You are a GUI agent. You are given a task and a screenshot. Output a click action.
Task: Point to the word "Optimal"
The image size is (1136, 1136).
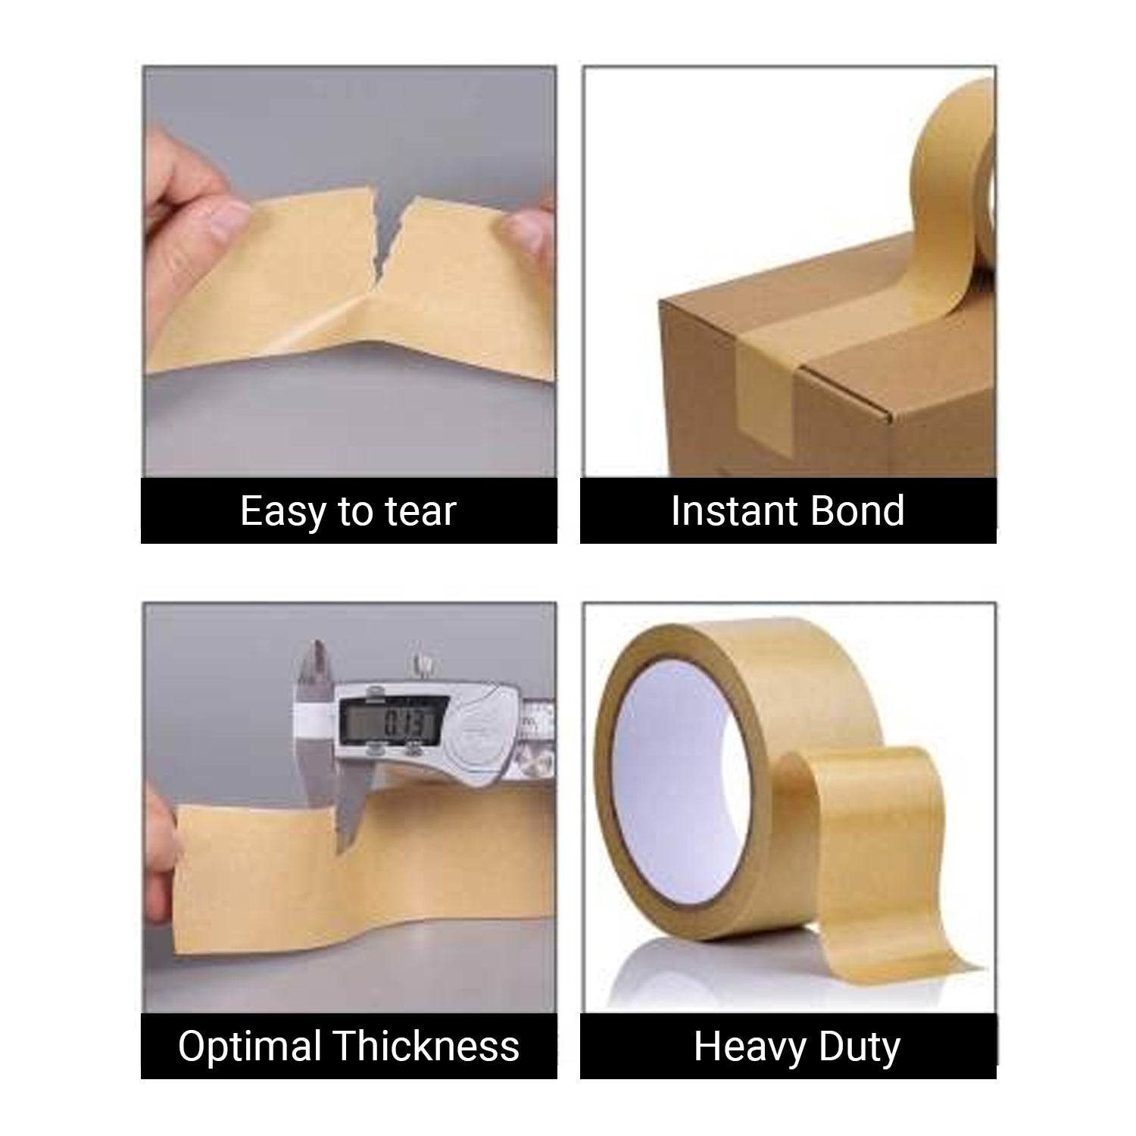click(250, 1047)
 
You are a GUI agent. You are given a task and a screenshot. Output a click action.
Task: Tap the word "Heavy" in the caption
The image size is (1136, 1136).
click(741, 1048)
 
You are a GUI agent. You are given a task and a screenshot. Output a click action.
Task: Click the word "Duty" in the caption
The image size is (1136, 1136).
click(859, 1048)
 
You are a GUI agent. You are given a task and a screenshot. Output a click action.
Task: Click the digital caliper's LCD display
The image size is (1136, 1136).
click(389, 724)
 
